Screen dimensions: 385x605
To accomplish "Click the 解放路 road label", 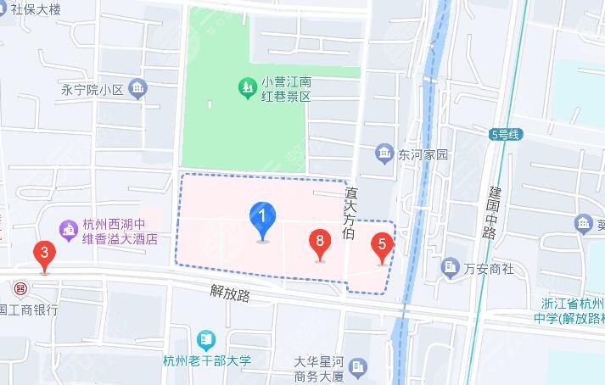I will (231, 294).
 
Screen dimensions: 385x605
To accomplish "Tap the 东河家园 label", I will (423, 154).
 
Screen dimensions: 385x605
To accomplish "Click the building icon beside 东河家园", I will (384, 153).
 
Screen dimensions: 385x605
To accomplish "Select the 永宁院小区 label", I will (92, 88).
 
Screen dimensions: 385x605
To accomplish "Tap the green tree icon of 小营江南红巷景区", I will (246, 87).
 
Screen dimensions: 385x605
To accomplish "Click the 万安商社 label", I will (490, 268).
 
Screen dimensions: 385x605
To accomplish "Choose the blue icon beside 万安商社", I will (451, 268).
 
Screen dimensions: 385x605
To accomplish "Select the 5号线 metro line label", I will (508, 133).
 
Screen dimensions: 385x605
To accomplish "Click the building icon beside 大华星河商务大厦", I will (359, 367).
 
